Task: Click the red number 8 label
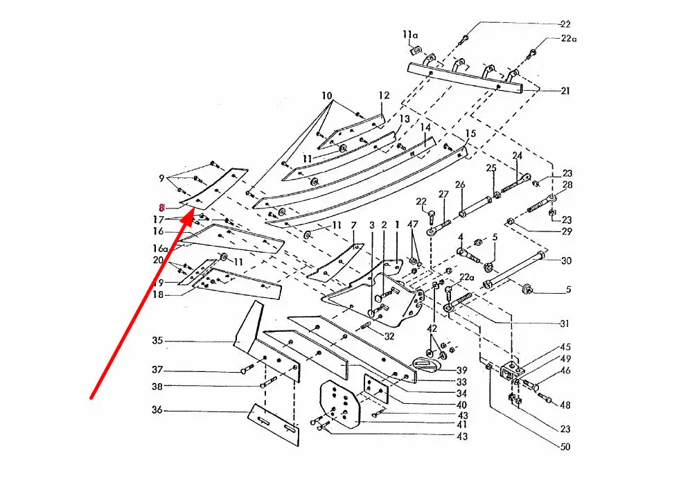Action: (161, 207)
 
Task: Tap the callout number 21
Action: (565, 91)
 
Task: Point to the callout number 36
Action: (157, 411)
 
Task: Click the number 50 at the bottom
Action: (565, 448)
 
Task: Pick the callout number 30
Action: (567, 261)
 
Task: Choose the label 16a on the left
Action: (160, 248)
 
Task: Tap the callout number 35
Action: (157, 341)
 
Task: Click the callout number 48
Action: (565, 405)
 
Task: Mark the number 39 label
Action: (461, 371)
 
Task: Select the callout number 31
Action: (565, 324)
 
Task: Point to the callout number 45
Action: (565, 347)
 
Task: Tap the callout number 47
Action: (414, 225)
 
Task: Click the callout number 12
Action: (384, 96)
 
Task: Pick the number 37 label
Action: (157, 370)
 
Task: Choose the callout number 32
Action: (389, 337)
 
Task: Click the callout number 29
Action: (567, 231)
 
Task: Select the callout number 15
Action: (470, 133)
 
